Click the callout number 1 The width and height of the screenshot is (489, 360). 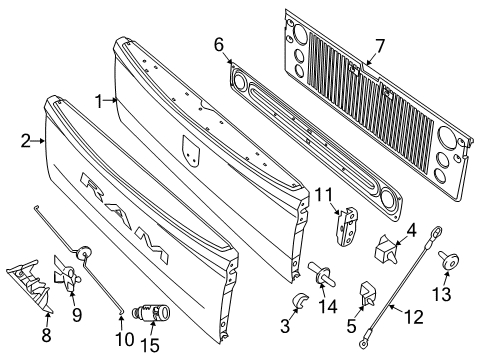point(99,100)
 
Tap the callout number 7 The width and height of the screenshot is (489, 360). point(378,45)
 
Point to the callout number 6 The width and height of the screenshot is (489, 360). point(219,44)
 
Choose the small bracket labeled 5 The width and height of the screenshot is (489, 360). point(367,293)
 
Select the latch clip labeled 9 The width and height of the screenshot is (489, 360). point(67,279)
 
